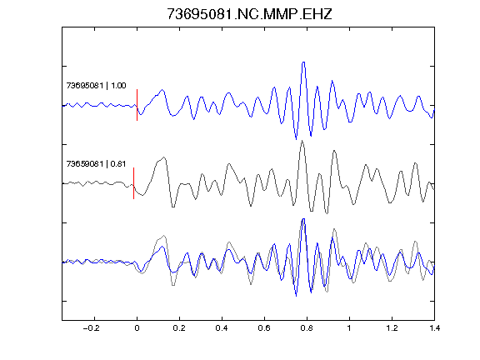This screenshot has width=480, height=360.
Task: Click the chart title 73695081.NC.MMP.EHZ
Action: click(x=249, y=14)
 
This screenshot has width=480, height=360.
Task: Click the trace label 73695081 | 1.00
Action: click(x=96, y=85)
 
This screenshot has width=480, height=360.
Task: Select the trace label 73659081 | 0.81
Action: click(x=96, y=164)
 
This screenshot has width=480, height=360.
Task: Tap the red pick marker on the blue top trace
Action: click(x=137, y=105)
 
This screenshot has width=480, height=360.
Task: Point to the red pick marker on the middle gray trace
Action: click(x=134, y=183)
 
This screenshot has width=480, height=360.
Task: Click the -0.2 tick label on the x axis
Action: click(x=92, y=328)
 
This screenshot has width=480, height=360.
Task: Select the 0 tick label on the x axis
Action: click(x=137, y=328)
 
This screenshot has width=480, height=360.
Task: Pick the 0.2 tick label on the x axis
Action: click(x=179, y=328)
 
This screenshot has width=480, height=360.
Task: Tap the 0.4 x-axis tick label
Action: click(x=222, y=328)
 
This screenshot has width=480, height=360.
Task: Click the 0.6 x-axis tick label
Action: click(x=264, y=328)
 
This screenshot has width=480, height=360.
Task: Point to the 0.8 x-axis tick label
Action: click(x=307, y=328)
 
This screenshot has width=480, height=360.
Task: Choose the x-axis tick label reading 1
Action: click(x=349, y=328)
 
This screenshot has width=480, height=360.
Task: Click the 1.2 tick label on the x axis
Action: click(x=392, y=328)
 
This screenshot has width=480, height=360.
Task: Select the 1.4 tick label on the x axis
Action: click(x=434, y=328)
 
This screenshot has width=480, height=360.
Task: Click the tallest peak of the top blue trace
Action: click(x=303, y=62)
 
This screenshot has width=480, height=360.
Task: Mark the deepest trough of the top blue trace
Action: click(x=296, y=139)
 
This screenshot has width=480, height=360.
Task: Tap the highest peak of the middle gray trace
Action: click(x=302, y=141)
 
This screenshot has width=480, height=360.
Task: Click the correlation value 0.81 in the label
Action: click(x=118, y=164)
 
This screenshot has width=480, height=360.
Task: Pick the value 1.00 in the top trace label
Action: click(x=118, y=85)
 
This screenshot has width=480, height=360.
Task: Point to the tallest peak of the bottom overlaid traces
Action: click(x=303, y=219)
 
